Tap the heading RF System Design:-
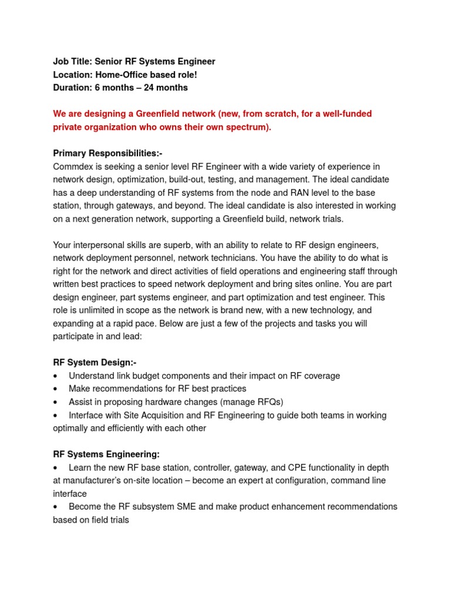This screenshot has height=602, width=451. tap(95, 362)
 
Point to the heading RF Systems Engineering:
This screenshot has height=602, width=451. tap(106, 454)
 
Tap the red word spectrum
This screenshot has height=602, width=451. tap(251, 127)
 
